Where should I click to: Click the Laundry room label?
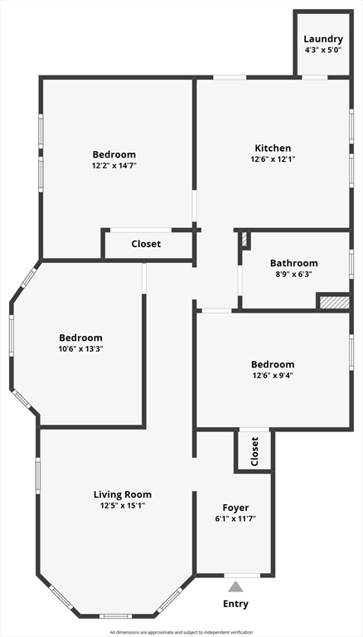pyautogui.click(x=323, y=39)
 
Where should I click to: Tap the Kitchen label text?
pyautogui.click(x=273, y=148)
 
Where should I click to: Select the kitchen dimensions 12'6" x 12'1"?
pyautogui.click(x=273, y=159)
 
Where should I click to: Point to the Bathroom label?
pyautogui.click(x=293, y=263)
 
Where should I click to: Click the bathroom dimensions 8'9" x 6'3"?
pyautogui.click(x=293, y=274)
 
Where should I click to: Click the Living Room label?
pyautogui.click(x=122, y=494)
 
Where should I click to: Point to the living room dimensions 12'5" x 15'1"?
pyautogui.click(x=122, y=505)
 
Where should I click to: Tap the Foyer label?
pyautogui.click(x=235, y=508)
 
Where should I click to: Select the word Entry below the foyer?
pyautogui.click(x=235, y=604)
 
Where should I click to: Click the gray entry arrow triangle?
pyautogui.click(x=235, y=587)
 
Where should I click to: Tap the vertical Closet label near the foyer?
pyautogui.click(x=254, y=452)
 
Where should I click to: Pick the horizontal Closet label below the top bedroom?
pyautogui.click(x=146, y=244)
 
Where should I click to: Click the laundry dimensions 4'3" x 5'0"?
pyautogui.click(x=323, y=50)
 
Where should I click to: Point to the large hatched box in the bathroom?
pyautogui.click(x=334, y=301)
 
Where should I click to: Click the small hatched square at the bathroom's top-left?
pyautogui.click(x=244, y=240)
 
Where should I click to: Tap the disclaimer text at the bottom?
pyautogui.click(x=181, y=632)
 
